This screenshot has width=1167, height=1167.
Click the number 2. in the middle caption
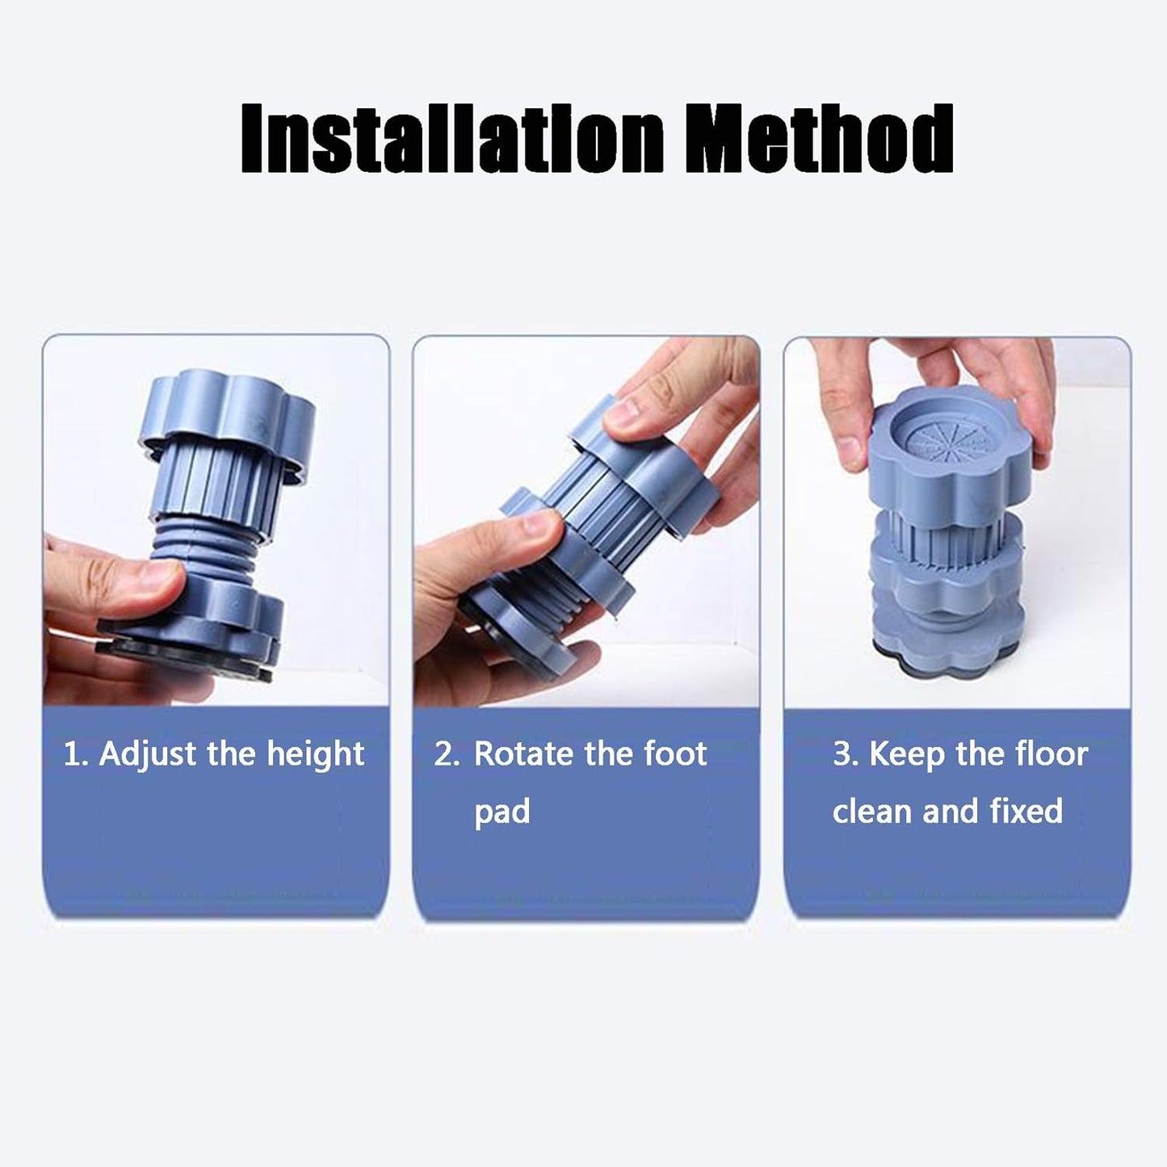tap(447, 754)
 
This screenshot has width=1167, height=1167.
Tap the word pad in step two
tap(502, 812)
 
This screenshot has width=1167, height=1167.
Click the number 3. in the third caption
tap(845, 754)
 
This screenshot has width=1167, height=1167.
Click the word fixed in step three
tap(1026, 811)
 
